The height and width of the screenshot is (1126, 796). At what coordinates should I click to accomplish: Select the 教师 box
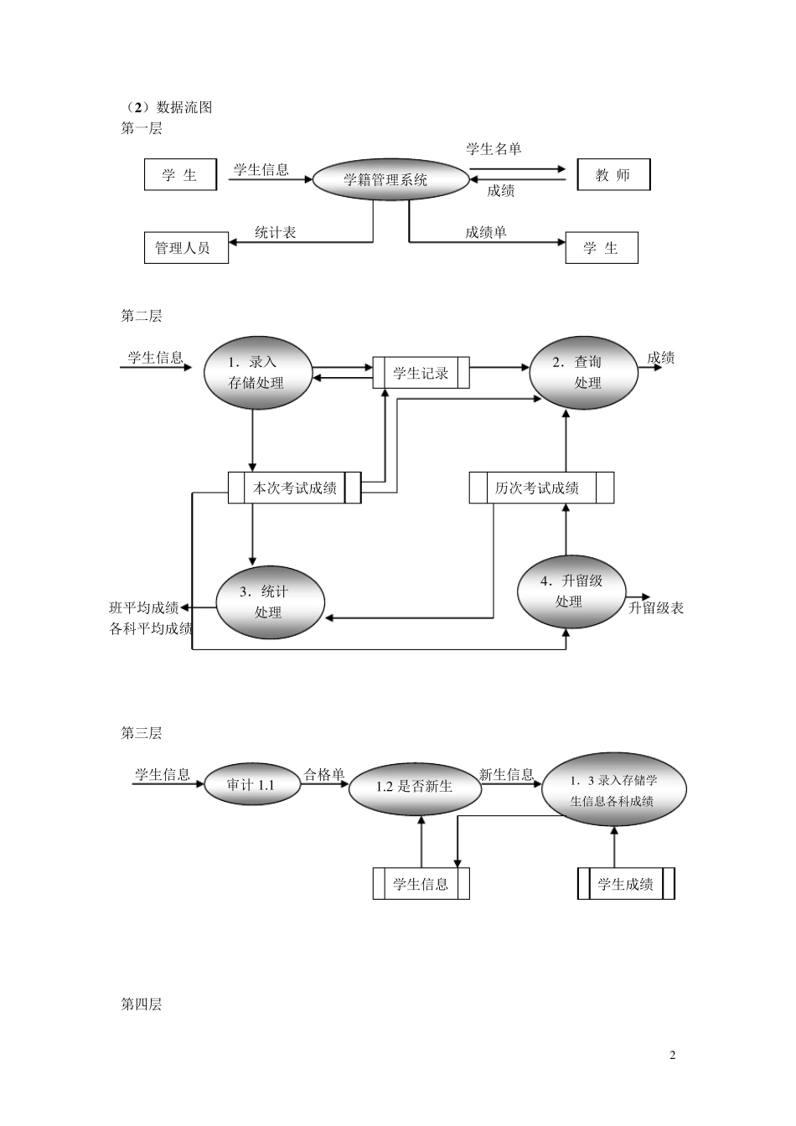coord(613,175)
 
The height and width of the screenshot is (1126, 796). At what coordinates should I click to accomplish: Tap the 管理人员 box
coord(186,248)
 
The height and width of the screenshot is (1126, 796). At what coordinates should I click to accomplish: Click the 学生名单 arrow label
coord(494,149)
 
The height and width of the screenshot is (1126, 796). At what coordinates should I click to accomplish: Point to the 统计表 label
coord(276,232)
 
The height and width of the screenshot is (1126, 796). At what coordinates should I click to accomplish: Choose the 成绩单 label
coord(486,232)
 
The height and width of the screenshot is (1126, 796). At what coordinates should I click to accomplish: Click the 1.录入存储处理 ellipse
coord(257,373)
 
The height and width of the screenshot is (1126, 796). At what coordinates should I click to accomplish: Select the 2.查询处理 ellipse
coord(583,373)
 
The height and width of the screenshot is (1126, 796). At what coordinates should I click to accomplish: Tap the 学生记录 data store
coord(421,374)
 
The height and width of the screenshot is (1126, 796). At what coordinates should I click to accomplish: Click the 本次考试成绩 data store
coord(295,488)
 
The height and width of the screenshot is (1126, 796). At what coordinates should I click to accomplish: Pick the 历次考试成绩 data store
coord(540,488)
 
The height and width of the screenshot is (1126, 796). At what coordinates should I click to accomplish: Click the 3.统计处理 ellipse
coord(270,602)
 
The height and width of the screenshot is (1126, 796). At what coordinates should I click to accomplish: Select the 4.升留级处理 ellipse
coord(571,591)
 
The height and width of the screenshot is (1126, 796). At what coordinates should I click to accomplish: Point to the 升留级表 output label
coord(656,608)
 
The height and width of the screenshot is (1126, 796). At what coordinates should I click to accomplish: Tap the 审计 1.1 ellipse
coord(251,785)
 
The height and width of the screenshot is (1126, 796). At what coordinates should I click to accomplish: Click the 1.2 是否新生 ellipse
coord(414,787)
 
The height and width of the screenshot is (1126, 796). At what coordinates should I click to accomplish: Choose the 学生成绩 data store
coord(626,884)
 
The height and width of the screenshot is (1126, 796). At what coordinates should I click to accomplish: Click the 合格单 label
coord(323,775)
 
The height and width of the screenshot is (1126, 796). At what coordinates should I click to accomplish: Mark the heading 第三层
coord(142,733)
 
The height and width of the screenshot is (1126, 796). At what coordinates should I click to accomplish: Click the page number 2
coord(672,1055)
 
